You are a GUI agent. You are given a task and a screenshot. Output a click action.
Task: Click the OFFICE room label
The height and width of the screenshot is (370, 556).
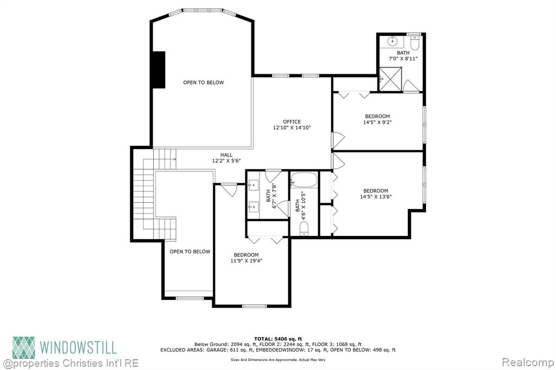[292, 122]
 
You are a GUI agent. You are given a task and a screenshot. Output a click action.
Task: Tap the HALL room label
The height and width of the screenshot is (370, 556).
[226, 155]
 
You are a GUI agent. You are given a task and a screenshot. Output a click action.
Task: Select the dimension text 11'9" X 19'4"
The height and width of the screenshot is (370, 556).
[246, 261]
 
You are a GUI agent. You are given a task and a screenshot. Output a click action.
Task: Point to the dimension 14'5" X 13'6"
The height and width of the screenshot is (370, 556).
[376, 197]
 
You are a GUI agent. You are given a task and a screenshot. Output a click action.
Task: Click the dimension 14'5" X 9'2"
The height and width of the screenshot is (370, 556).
[377, 122]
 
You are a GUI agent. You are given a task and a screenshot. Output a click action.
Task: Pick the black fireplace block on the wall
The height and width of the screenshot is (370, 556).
[159, 69]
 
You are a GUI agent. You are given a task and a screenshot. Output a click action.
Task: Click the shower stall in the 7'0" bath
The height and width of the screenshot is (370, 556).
[390, 79]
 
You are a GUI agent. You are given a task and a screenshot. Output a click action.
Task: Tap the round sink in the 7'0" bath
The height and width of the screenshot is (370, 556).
[393, 41]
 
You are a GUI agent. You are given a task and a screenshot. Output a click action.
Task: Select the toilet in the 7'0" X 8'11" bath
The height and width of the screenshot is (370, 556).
[415, 42]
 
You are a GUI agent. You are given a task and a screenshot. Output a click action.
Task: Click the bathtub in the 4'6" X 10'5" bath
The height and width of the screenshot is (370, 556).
[304, 180]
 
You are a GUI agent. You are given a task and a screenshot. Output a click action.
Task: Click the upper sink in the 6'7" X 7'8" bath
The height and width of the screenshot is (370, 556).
[254, 184]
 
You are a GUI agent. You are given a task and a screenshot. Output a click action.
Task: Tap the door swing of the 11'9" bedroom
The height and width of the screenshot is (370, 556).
[229, 190]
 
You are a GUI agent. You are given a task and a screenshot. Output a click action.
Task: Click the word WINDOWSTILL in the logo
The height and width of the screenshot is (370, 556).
[78, 347]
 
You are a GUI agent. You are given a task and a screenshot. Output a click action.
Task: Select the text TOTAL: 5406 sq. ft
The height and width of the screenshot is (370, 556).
[278, 339]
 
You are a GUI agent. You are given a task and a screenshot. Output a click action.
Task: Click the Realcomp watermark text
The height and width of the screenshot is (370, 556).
[528, 362]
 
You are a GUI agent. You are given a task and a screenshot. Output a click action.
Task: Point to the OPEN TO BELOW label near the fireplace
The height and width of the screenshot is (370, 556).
[204, 82]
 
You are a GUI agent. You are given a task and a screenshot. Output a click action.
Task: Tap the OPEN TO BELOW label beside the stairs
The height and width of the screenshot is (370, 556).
[190, 252]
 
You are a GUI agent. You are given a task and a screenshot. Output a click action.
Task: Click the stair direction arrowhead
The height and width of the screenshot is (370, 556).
[174, 159]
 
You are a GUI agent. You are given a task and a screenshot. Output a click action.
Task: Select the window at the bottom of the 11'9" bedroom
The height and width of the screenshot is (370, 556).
[254, 306]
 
